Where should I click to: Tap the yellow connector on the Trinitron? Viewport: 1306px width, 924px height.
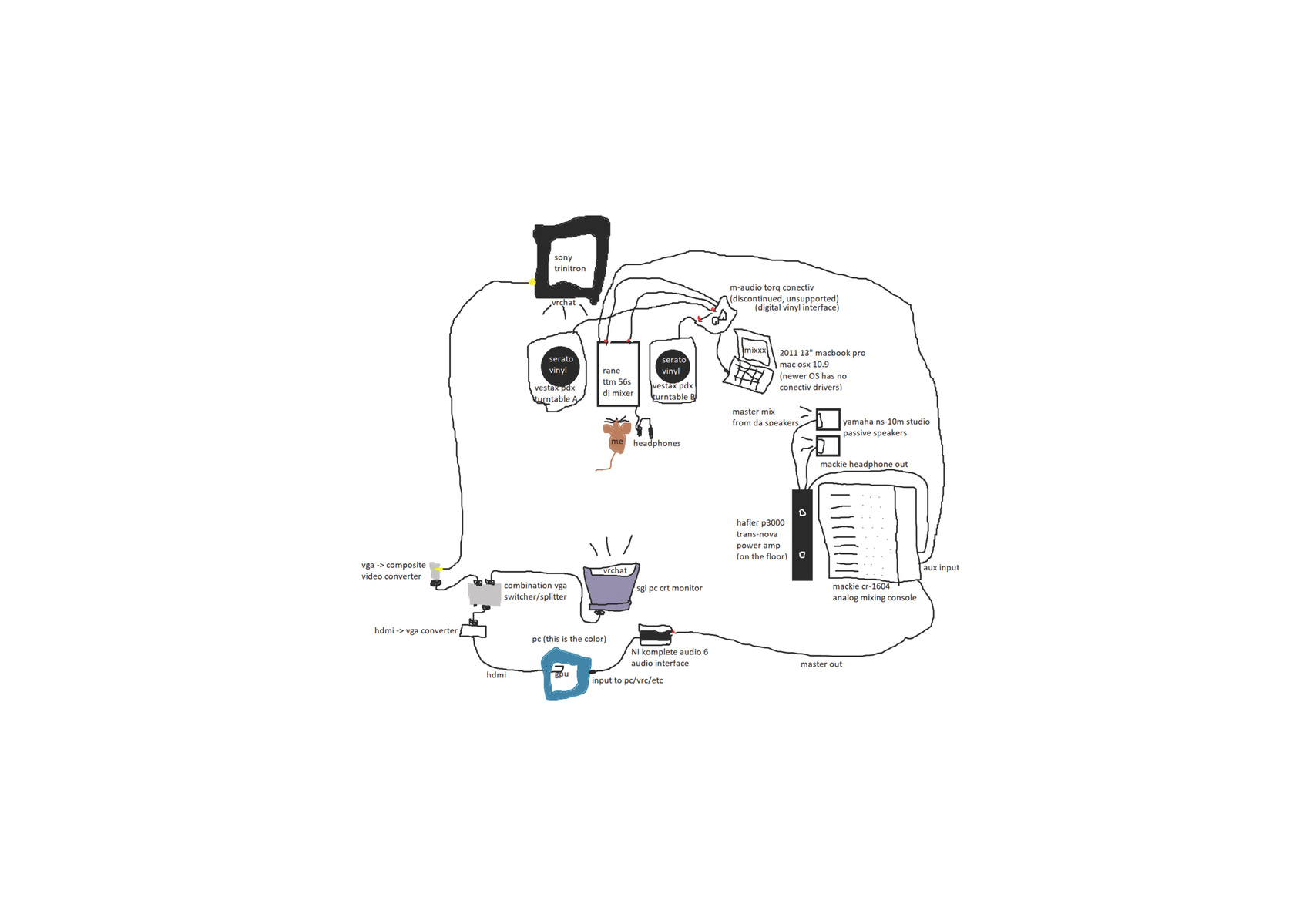532,282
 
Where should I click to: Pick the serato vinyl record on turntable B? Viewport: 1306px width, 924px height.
673,365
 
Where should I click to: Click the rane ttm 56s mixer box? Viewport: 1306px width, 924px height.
618,374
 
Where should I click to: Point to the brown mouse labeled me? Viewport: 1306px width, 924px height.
616,435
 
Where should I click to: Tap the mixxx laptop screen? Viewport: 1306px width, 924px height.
753,348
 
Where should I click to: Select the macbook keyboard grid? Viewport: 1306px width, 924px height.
748,376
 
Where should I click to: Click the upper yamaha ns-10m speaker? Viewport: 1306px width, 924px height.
828,419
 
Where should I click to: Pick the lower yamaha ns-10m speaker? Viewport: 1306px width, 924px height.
828,446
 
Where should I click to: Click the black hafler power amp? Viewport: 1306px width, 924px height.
802,535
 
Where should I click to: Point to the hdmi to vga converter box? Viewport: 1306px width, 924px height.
473,631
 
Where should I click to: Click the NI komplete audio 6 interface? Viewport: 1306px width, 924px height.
656,634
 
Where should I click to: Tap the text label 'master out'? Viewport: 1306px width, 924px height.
821,664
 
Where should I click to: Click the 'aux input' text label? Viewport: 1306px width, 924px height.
941,567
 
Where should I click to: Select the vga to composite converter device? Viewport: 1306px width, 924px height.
435,571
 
